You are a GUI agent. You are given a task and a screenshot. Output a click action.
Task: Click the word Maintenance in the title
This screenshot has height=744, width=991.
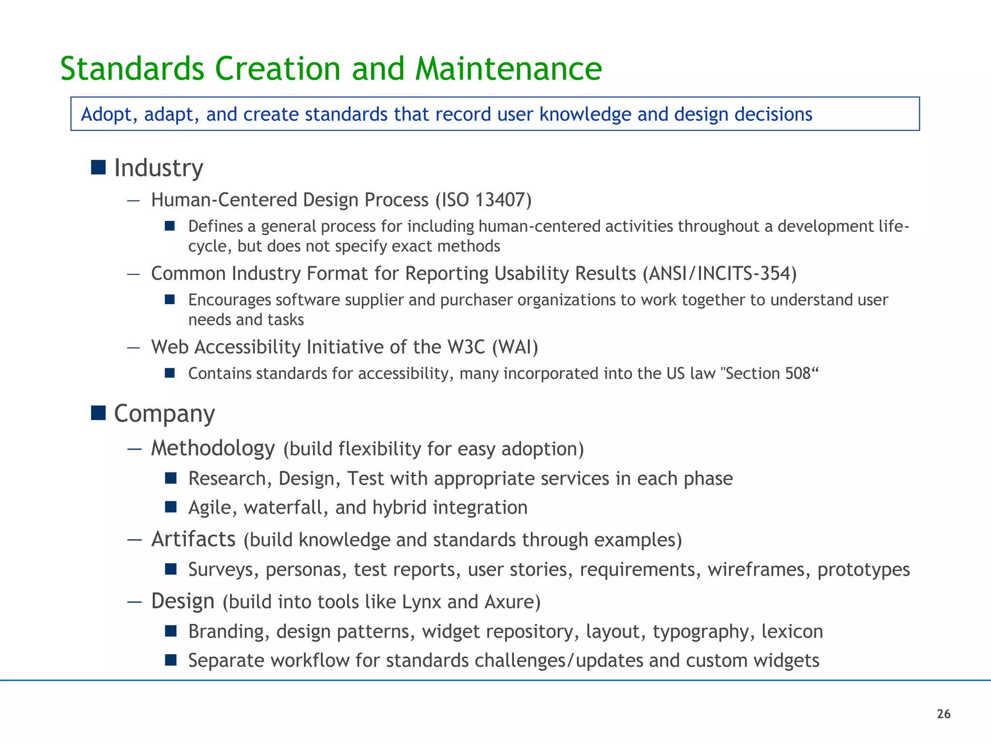pos(508,68)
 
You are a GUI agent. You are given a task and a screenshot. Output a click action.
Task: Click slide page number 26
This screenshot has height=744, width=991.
pos(944,714)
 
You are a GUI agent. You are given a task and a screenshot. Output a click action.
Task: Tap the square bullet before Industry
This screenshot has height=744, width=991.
pos(98,167)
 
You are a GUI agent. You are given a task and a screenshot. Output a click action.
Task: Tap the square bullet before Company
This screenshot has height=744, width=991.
pos(98,413)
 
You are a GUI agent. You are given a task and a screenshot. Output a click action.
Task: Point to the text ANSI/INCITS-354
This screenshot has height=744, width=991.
pos(720,273)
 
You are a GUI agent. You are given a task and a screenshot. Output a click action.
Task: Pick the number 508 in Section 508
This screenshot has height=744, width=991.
pos(798,373)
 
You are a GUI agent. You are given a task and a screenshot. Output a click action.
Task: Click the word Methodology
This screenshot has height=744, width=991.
pos(213,449)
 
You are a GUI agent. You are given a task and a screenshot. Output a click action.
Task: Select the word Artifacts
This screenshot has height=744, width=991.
pos(193,539)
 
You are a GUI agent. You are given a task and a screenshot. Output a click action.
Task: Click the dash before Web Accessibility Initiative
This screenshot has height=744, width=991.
pos(134,347)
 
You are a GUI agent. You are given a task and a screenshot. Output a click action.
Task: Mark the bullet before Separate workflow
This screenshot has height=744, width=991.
pos(170,660)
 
